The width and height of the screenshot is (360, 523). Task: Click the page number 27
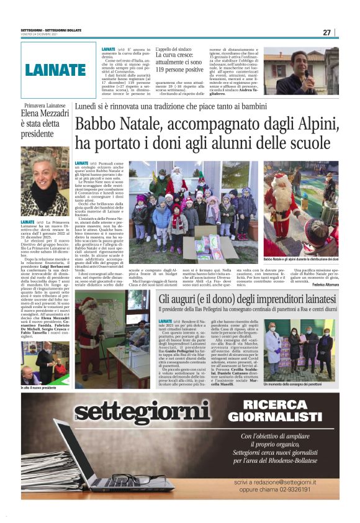327,32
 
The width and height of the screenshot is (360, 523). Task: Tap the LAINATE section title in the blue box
55,70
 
